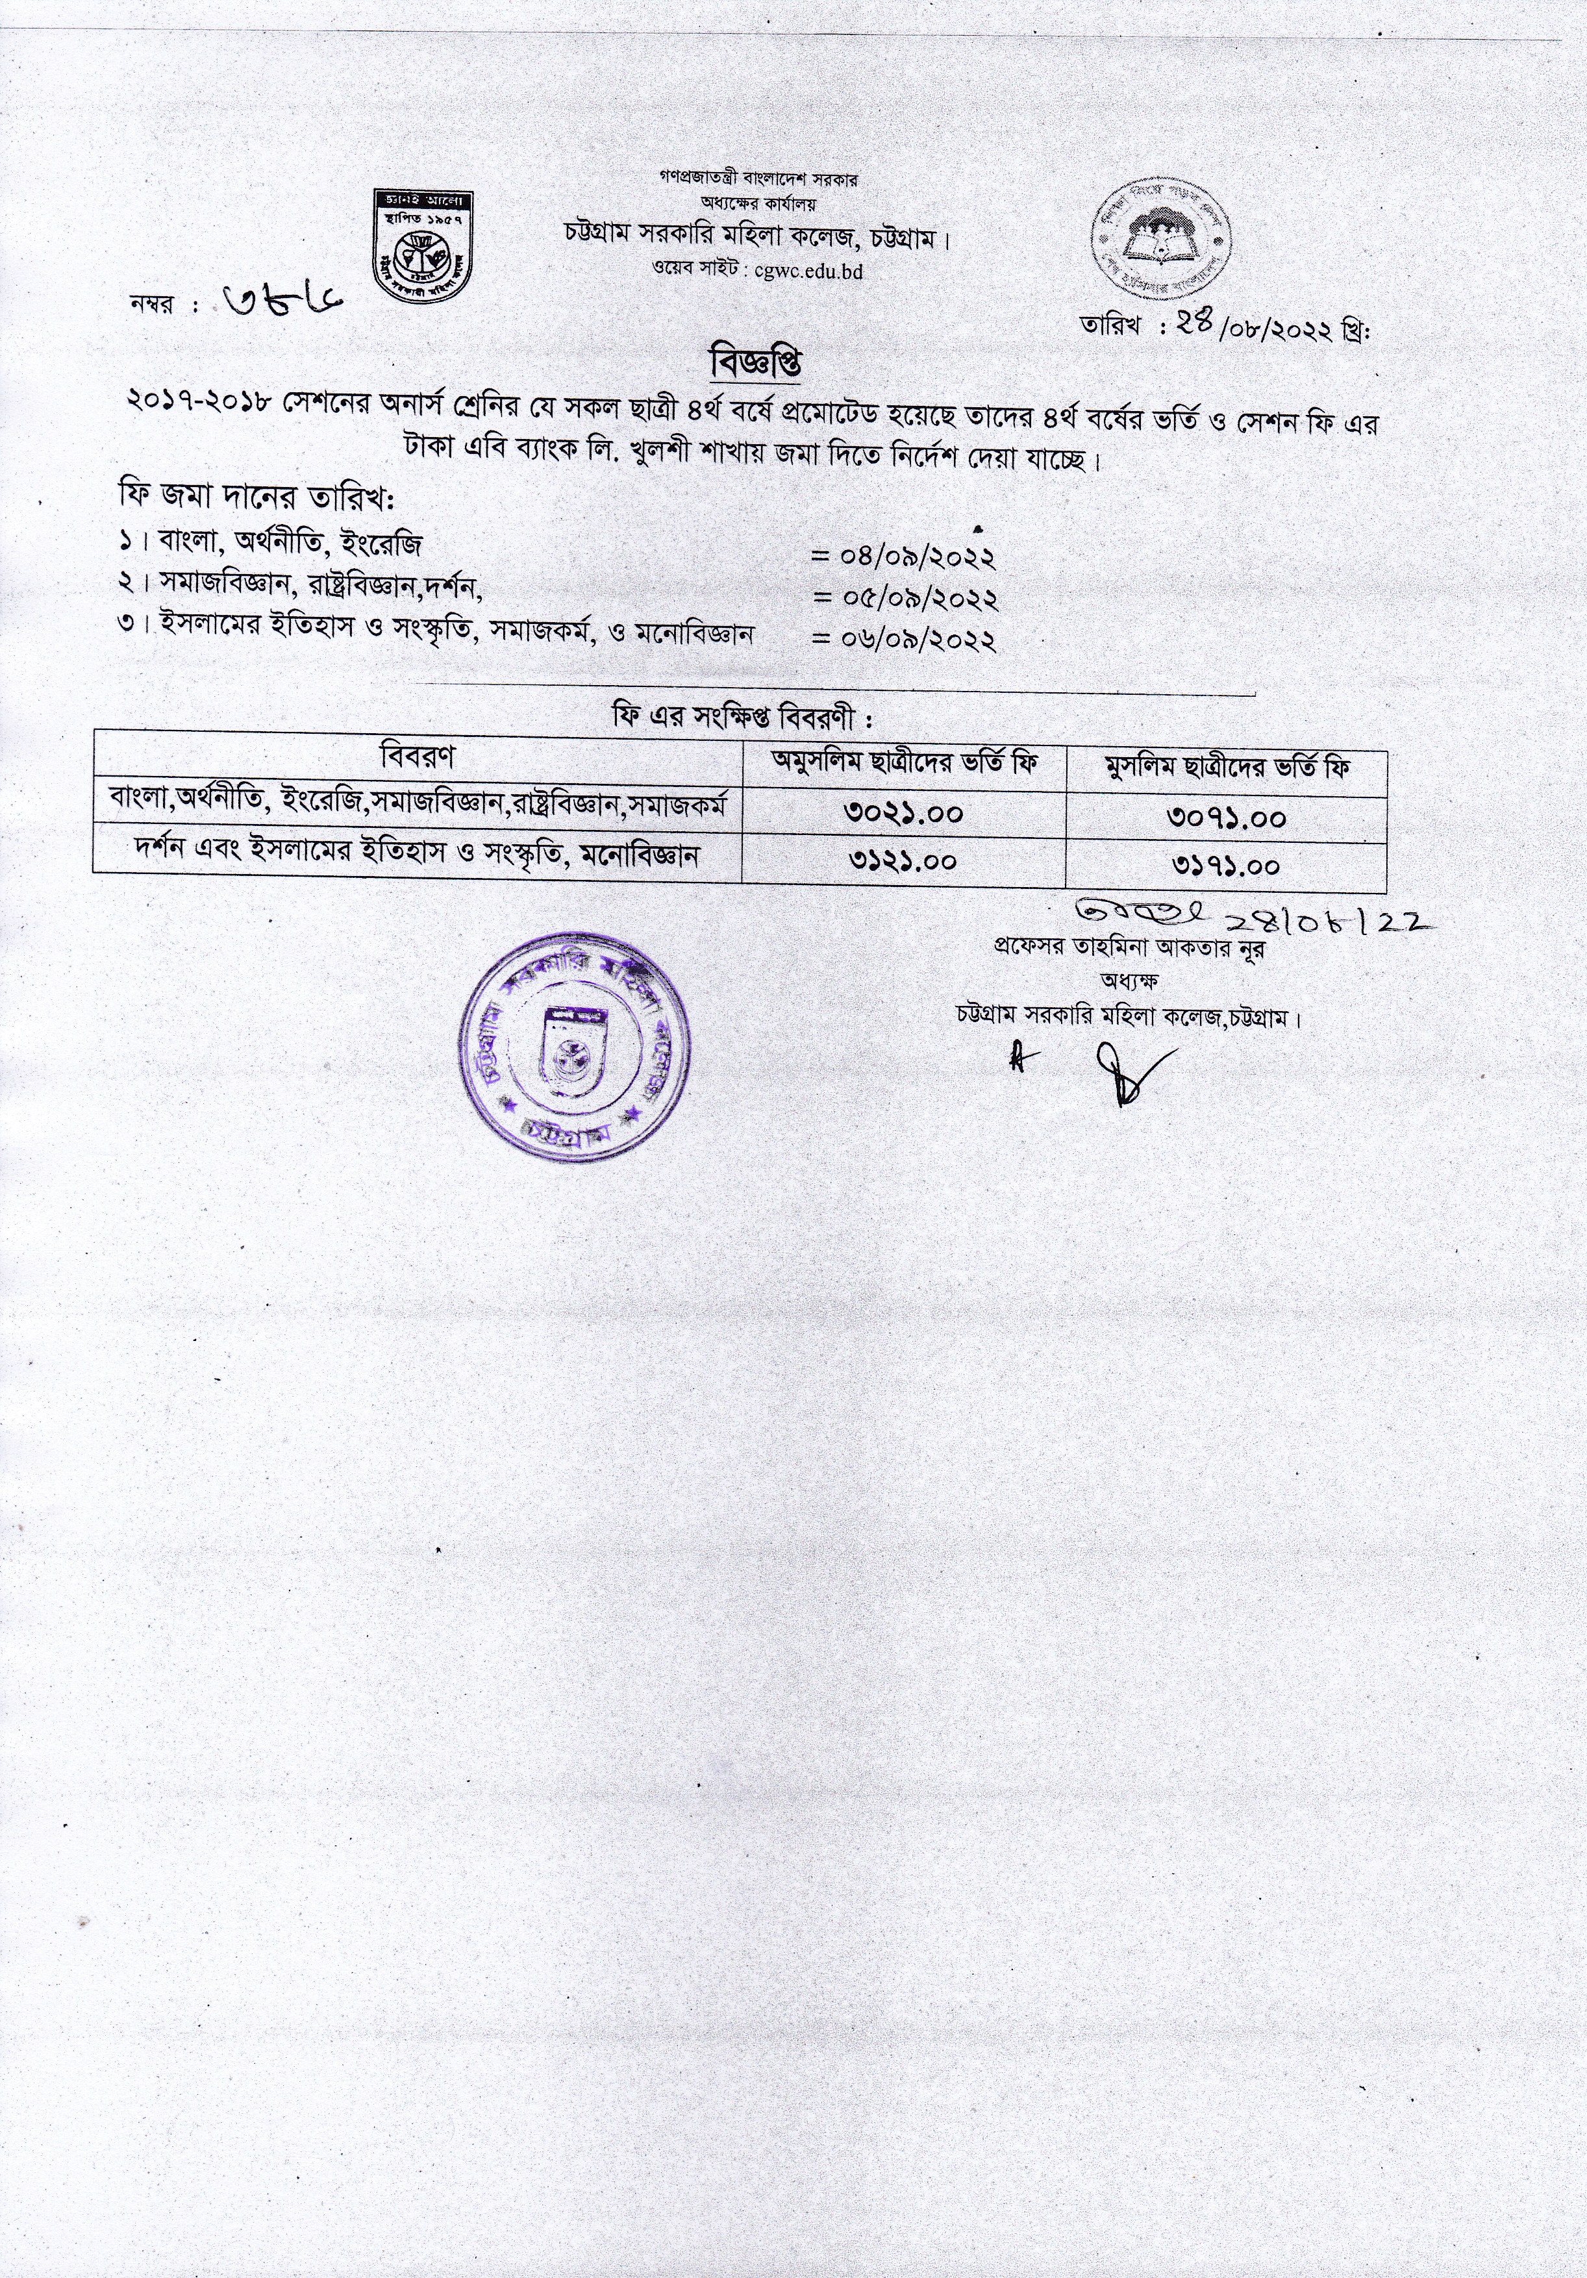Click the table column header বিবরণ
point(418,757)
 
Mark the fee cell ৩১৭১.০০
point(1227,864)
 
